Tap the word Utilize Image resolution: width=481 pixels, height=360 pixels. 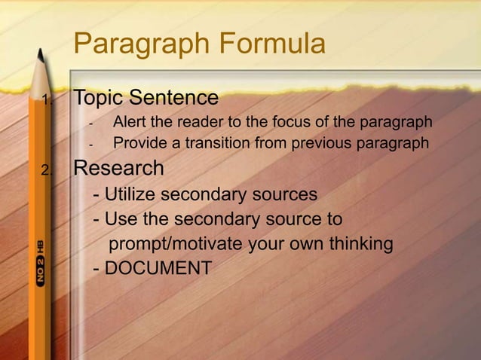click(x=129, y=194)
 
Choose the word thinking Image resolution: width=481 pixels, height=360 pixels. click(x=355, y=245)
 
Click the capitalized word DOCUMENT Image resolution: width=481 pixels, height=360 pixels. click(x=158, y=267)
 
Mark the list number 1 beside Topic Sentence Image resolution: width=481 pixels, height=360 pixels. click(x=46, y=101)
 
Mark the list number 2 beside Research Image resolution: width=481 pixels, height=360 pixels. click(x=47, y=170)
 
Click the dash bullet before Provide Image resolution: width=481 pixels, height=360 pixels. click(x=90, y=144)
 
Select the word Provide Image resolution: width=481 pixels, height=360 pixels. click(x=137, y=143)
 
